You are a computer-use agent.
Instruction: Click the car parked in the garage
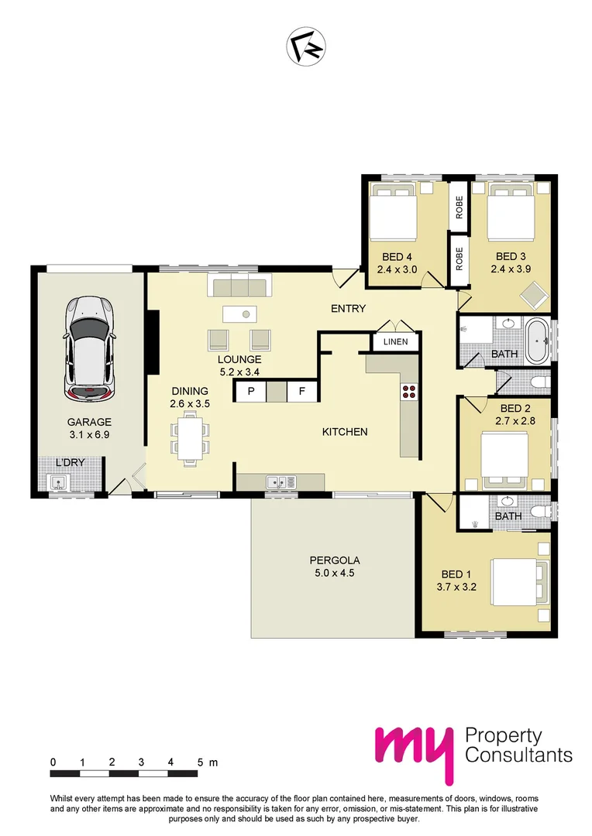coord(90,348)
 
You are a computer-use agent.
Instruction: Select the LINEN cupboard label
coord(396,341)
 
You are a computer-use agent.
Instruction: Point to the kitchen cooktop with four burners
coord(408,392)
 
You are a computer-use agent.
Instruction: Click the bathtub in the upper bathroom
coord(536,340)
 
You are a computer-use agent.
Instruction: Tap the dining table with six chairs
coord(190,439)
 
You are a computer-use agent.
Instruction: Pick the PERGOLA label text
coord(335,560)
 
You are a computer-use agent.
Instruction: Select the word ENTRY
coord(348,308)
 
